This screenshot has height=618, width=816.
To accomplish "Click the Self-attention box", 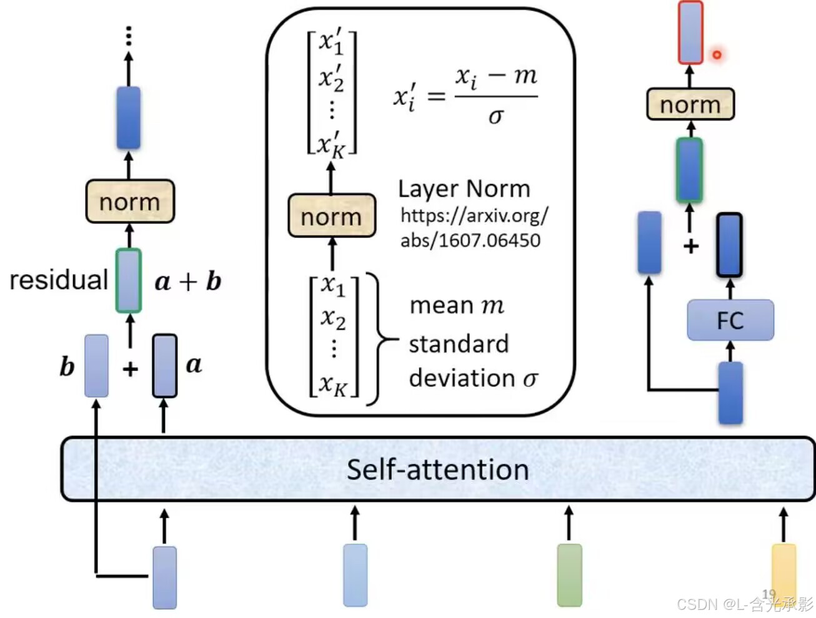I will click(437, 469).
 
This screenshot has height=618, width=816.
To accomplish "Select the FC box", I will click(730, 320).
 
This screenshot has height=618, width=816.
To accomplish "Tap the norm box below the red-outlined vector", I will click(690, 104).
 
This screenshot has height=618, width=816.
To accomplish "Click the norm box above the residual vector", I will click(129, 202).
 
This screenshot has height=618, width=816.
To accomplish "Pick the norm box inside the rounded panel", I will click(331, 217).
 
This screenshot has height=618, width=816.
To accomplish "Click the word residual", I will click(59, 280).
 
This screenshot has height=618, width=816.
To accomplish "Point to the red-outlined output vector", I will click(690, 32).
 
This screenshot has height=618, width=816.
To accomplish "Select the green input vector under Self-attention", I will click(569, 575).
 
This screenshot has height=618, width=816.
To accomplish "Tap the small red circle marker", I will click(717, 55).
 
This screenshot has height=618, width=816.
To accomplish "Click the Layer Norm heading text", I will click(464, 189).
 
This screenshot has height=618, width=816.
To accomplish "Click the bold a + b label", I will click(187, 282).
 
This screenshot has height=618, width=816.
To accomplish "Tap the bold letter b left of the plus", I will click(67, 366).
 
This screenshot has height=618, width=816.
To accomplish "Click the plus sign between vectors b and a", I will click(130, 369).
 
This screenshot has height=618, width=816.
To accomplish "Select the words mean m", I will click(456, 305).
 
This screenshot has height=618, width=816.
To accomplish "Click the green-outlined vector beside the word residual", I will click(129, 280).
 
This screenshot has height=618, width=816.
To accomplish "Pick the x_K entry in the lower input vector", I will click(334, 384).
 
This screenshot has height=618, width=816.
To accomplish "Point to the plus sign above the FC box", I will click(690, 246).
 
